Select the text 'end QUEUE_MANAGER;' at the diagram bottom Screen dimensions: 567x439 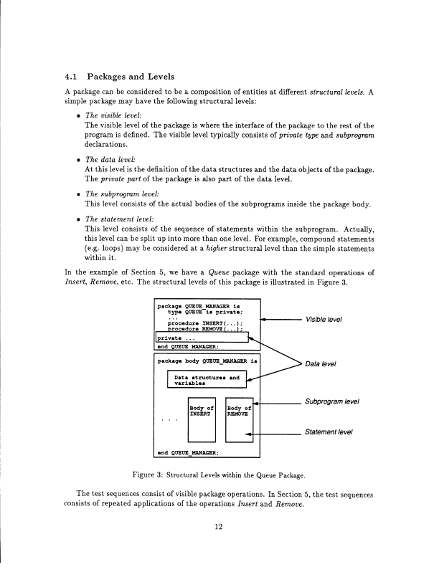tap(188, 452)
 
